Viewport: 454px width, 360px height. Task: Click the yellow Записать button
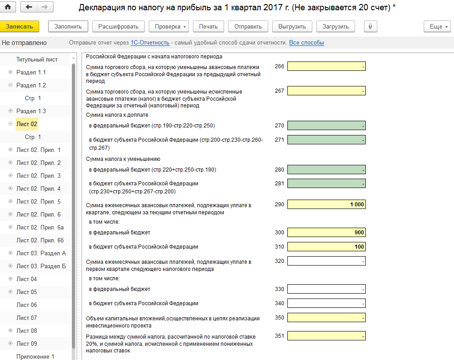pos(20,26)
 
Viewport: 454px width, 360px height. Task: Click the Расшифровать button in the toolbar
pos(119,26)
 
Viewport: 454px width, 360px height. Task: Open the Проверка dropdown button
pos(171,26)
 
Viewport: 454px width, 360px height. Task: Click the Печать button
pos(208,26)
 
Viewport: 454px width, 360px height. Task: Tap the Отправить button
pos(248,26)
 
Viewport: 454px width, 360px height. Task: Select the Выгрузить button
pos(292,26)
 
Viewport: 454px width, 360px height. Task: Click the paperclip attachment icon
pos(370,26)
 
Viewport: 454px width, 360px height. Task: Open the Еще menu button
pos(438,26)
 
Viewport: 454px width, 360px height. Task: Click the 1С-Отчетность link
pos(150,43)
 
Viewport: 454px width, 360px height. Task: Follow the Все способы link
pos(307,43)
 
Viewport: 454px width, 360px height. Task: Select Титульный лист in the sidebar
pos(37,59)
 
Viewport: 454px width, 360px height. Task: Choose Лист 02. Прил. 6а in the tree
pos(40,227)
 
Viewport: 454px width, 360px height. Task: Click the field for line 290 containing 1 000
pos(326,205)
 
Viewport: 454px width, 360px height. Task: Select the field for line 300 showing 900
pos(326,232)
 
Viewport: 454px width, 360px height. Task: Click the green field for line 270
pos(326,125)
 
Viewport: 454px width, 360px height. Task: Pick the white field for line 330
pos(326,289)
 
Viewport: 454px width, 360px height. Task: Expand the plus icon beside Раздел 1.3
pos(10,111)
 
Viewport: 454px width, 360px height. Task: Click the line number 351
pos(279,336)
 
